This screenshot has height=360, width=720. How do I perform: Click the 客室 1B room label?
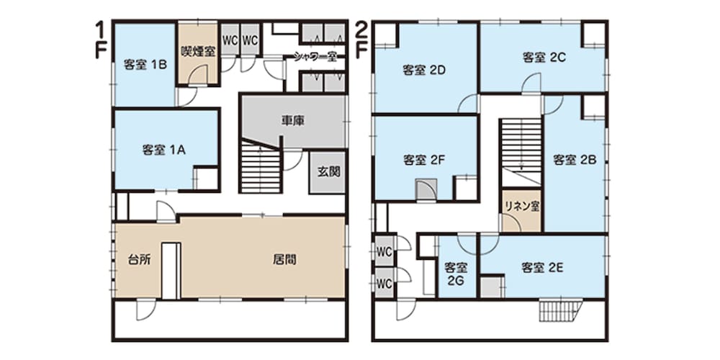145,65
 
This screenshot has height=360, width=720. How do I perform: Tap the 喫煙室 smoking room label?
198,51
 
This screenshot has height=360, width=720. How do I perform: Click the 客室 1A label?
164,150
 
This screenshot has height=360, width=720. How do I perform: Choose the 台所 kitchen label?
139,259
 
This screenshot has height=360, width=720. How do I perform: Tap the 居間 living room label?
284,259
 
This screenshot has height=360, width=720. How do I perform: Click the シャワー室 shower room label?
316,58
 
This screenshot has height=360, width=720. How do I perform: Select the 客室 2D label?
425,71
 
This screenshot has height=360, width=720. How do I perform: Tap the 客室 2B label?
575,160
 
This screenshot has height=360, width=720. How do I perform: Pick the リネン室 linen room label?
521,207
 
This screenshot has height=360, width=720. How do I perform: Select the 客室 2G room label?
456,274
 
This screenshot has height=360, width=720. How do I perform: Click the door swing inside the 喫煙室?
199,75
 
